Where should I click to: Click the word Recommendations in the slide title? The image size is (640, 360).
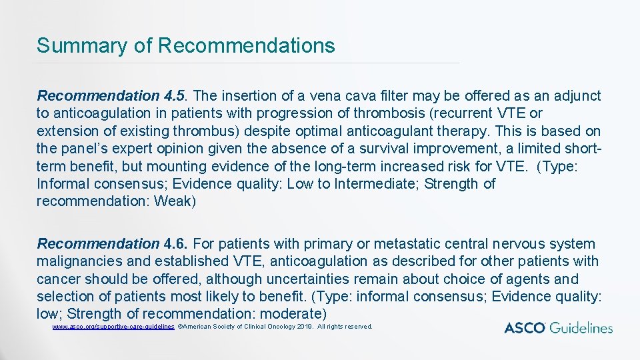pyautogui.click(x=247, y=46)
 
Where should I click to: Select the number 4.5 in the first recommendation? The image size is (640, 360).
pyautogui.click(x=177, y=96)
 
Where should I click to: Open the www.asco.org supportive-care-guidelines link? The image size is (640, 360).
pyautogui.click(x=113, y=327)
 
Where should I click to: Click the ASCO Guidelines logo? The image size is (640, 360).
pyautogui.click(x=558, y=327)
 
